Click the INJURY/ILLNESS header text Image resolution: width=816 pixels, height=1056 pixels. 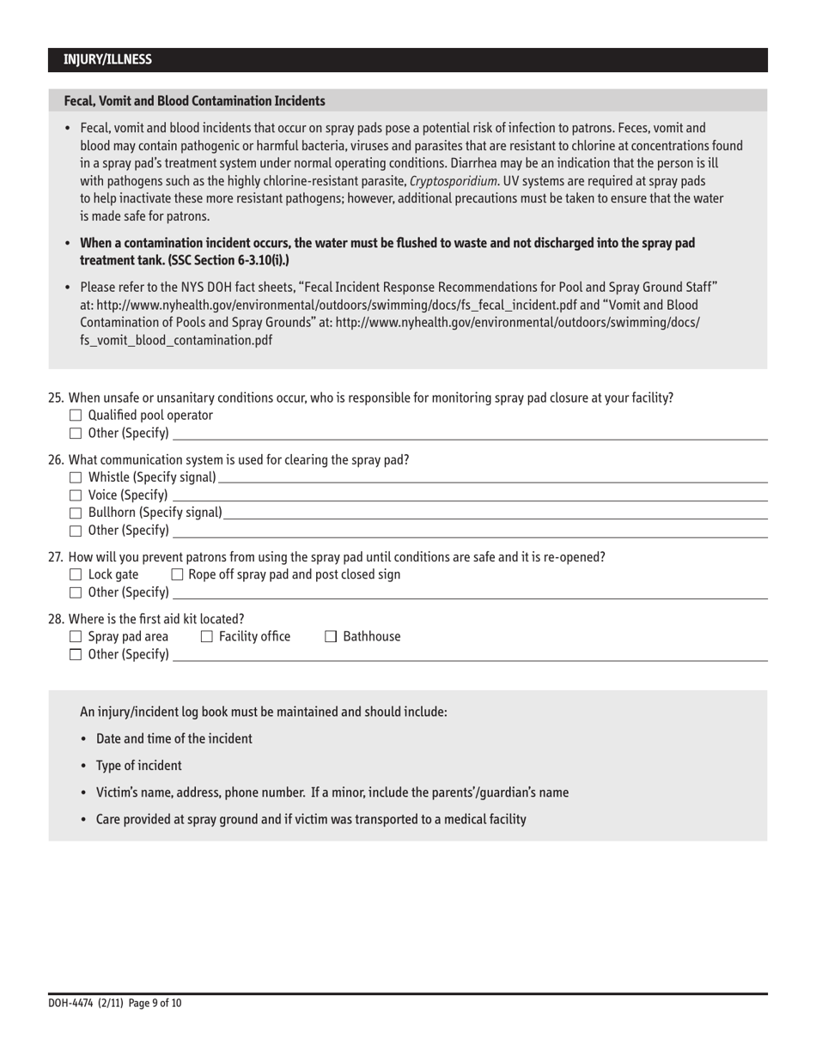[x=107, y=60]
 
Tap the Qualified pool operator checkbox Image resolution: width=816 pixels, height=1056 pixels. [x=75, y=416]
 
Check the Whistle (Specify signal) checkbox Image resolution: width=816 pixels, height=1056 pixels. [x=75, y=477]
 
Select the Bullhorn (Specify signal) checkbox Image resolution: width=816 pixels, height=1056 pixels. [x=75, y=513]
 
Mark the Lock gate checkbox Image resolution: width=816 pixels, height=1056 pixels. [x=75, y=574]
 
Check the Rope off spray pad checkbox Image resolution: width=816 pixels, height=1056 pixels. [x=178, y=574]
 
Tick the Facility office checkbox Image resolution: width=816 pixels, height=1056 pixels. [x=206, y=636]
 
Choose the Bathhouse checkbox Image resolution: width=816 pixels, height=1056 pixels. [x=331, y=636]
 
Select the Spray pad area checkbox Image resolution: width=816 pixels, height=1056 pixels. [x=75, y=636]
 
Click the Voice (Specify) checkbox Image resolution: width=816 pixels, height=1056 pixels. [x=75, y=495]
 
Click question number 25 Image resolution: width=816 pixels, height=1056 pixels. [x=55, y=398]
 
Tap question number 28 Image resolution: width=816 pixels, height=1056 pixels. [x=55, y=618]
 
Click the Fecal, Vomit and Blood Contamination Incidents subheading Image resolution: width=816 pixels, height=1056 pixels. [x=194, y=100]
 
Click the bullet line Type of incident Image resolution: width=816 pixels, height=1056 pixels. [x=138, y=765]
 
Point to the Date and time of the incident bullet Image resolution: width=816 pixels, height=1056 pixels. [x=174, y=738]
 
